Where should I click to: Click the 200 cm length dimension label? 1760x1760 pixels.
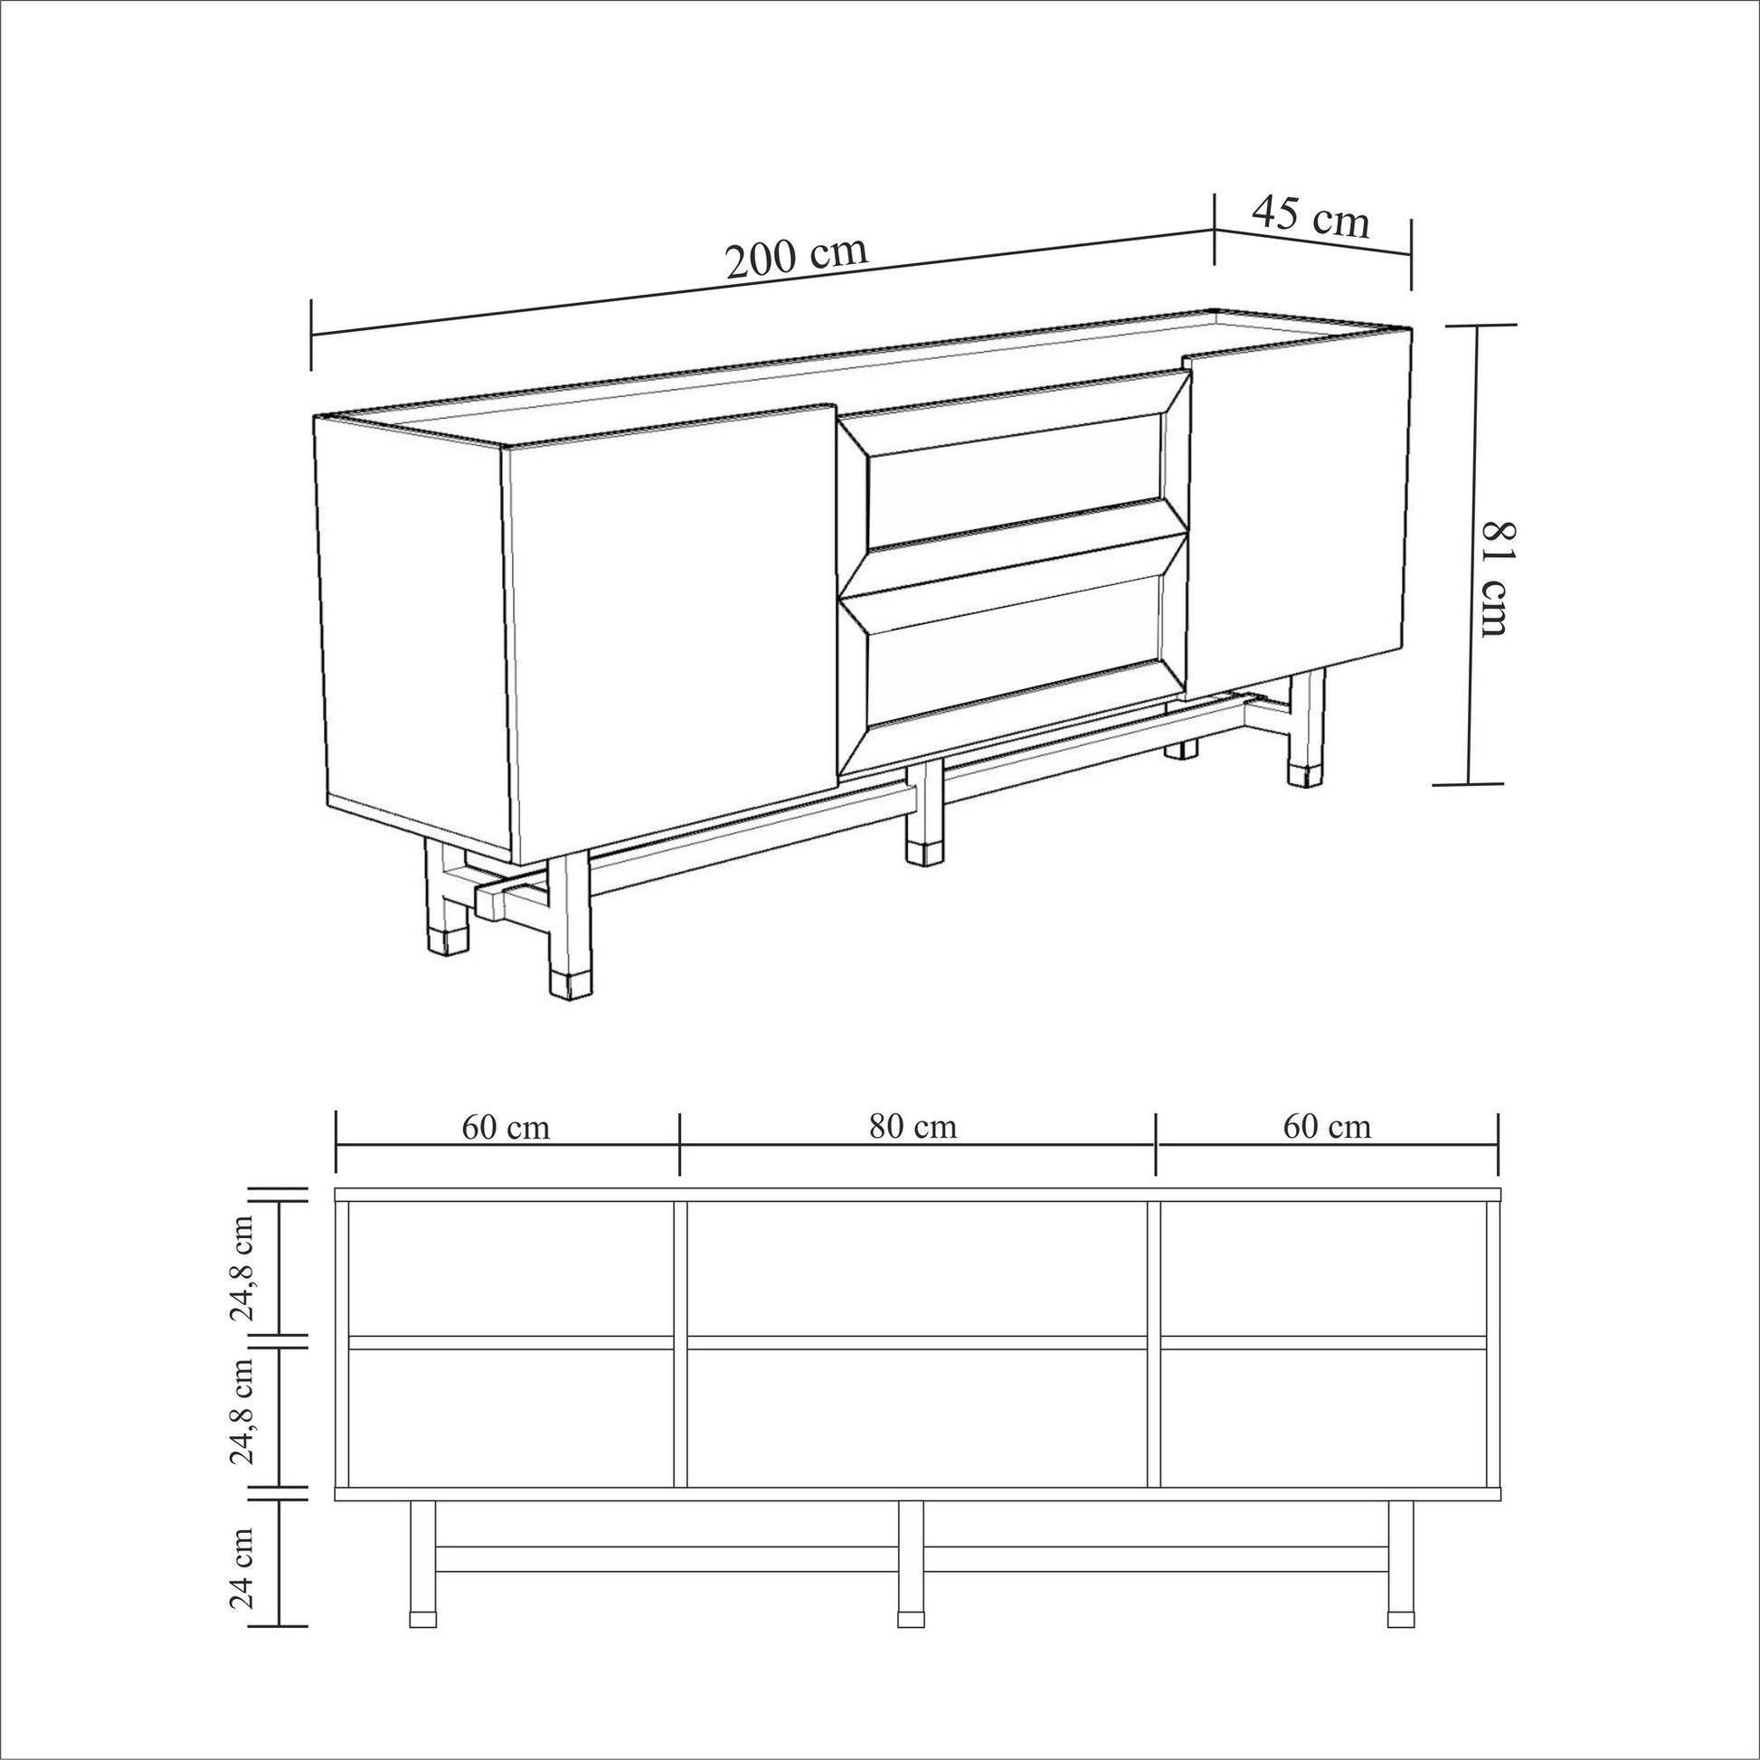(x=796, y=259)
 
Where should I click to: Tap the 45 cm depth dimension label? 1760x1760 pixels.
(x=1311, y=218)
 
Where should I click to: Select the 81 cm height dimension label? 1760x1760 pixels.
(x=1495, y=579)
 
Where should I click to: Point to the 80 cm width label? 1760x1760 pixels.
(x=913, y=1127)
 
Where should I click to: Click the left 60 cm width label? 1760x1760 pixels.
(x=506, y=1127)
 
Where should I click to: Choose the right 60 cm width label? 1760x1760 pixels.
(x=1328, y=1127)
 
